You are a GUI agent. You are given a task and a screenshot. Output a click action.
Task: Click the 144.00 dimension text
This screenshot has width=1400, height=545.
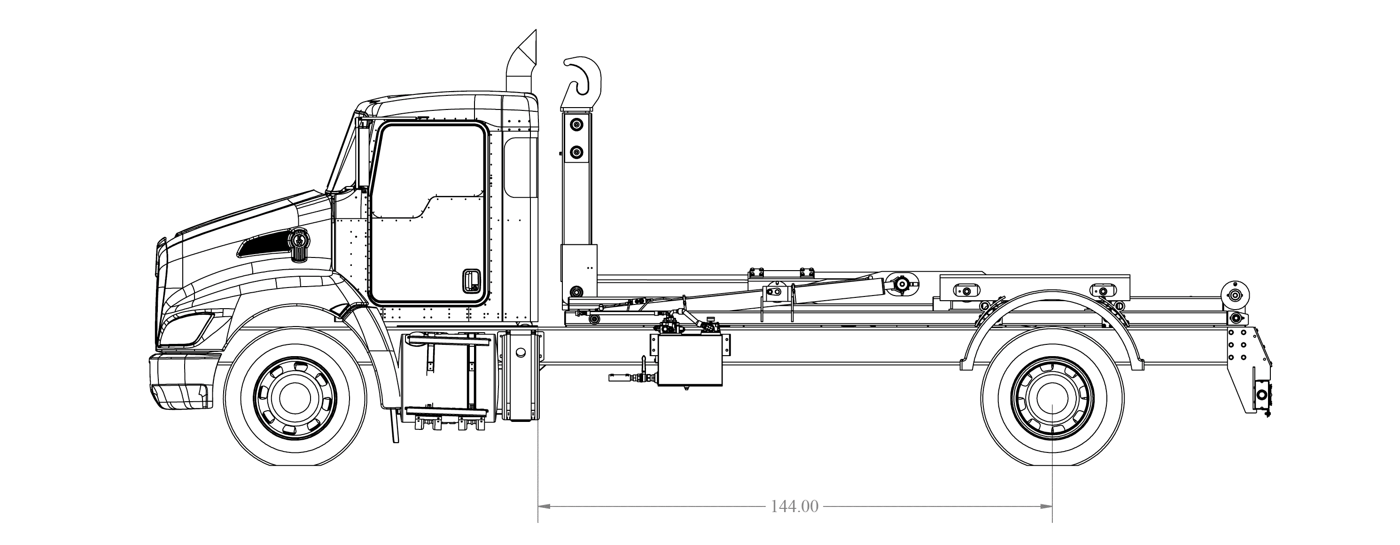coord(794,506)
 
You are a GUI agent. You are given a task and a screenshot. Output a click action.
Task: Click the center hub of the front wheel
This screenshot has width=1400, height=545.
coord(295,398)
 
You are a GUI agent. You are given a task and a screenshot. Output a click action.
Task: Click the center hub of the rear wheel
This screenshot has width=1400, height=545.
coord(1053,398)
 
